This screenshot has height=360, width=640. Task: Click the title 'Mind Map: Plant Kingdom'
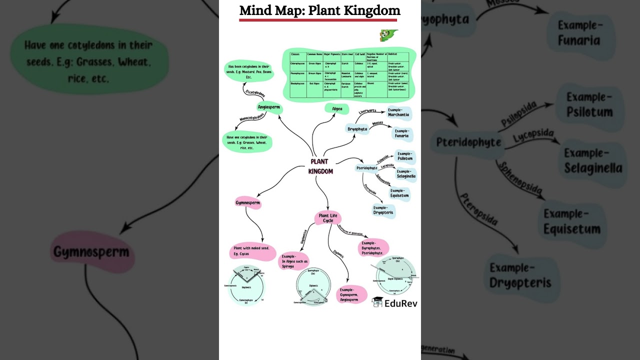[x=320, y=10]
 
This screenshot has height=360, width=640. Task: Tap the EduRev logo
[x=394, y=302]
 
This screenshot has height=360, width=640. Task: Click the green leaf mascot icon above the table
[x=388, y=35]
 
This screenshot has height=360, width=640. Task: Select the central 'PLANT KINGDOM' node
[x=320, y=166]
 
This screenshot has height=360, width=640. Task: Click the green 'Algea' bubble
[x=337, y=108]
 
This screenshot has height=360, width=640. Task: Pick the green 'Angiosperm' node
[x=269, y=107]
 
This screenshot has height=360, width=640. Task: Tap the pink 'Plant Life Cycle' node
[x=328, y=218]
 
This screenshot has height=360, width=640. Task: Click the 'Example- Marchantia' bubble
[x=398, y=112]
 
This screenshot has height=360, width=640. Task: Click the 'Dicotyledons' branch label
[x=255, y=93]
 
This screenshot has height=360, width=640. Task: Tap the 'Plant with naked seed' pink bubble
[x=252, y=251]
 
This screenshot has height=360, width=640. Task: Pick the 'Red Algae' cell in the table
[x=314, y=83]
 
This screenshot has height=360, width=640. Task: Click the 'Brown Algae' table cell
[x=315, y=73]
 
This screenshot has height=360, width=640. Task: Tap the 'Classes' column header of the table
[x=295, y=54]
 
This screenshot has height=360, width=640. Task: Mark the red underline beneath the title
[x=318, y=20]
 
